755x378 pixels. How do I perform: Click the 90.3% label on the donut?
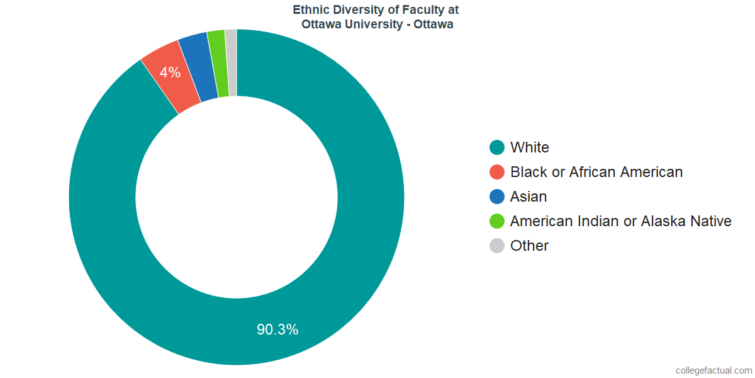[277, 329]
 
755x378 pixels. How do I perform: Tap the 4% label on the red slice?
[170, 72]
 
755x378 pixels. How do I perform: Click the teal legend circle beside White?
[497, 147]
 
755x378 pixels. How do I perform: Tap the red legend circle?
[497, 172]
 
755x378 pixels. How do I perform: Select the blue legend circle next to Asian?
[497, 197]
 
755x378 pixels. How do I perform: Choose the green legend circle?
[497, 221]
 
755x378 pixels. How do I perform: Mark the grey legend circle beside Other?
[497, 246]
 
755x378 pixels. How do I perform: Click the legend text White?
[530, 147]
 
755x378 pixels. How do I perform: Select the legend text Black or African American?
[596, 172]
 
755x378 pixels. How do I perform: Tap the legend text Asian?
[528, 197]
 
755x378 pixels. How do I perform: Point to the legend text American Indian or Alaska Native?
[621, 221]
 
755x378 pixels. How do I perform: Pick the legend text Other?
[530, 246]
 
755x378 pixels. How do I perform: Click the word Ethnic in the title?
[310, 10]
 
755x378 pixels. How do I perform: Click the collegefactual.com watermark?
[713, 370]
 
